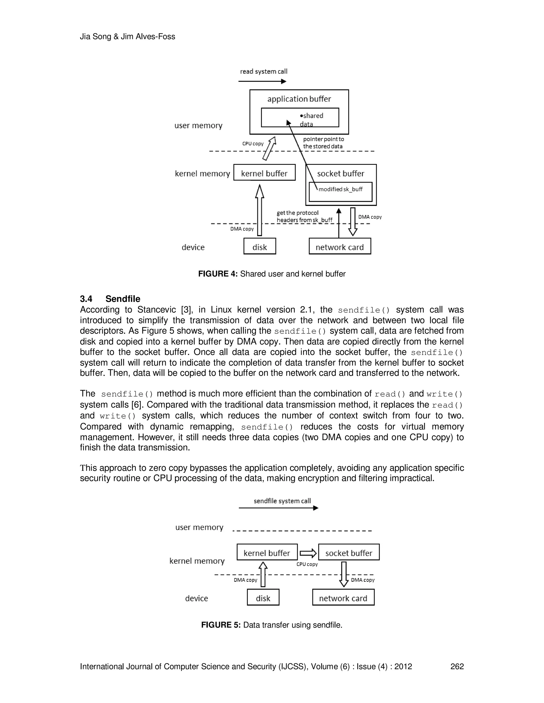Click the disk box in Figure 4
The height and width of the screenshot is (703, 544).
(x=260, y=246)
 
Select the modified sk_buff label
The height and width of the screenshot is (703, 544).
(x=340, y=189)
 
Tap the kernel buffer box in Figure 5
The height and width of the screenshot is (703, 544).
(x=267, y=552)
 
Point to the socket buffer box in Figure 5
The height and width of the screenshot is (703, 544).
(x=349, y=552)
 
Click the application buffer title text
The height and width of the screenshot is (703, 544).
(x=299, y=99)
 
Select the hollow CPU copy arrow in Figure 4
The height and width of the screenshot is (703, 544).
(x=269, y=148)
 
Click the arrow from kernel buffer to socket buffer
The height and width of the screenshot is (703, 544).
(x=308, y=553)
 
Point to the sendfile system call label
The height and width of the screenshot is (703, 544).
(x=282, y=501)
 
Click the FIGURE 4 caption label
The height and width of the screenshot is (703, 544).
(x=218, y=274)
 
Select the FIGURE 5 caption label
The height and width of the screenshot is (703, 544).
(x=221, y=625)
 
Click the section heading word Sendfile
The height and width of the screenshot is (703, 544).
(x=123, y=299)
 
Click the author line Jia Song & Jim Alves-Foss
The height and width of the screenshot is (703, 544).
(x=127, y=37)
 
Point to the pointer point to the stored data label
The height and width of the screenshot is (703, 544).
(x=323, y=143)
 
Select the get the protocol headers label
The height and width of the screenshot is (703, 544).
(x=304, y=216)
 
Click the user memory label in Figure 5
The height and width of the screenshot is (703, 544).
(x=199, y=527)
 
